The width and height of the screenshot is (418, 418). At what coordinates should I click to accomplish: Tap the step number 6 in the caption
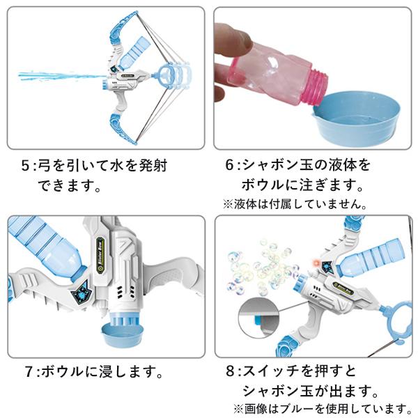(x=230, y=165)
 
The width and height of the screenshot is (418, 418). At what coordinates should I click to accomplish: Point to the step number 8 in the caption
(x=231, y=371)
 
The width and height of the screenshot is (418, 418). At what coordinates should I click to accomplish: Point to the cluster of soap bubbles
(x=263, y=268)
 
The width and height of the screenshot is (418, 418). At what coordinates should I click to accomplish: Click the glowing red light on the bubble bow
(x=317, y=263)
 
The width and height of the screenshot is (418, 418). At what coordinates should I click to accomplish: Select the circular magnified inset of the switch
(x=258, y=316)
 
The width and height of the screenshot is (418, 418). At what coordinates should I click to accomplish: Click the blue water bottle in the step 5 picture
(x=134, y=54)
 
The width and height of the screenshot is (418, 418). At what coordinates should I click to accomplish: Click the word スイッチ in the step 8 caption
(x=272, y=371)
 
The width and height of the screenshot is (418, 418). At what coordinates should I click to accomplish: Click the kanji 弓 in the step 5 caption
(x=45, y=166)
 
